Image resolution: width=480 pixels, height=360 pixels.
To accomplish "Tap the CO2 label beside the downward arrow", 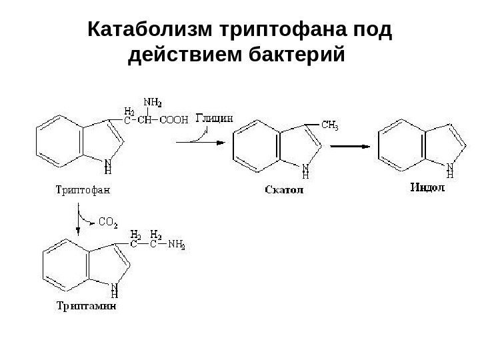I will [x=107, y=221].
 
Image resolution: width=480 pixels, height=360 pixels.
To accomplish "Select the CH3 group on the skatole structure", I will [x=331, y=125].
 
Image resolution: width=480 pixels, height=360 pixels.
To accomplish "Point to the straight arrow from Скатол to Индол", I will [x=349, y=147].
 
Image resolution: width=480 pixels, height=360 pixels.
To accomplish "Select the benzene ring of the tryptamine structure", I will [x=63, y=265].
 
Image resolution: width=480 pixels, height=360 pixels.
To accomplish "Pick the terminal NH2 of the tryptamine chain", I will [x=176, y=245].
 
